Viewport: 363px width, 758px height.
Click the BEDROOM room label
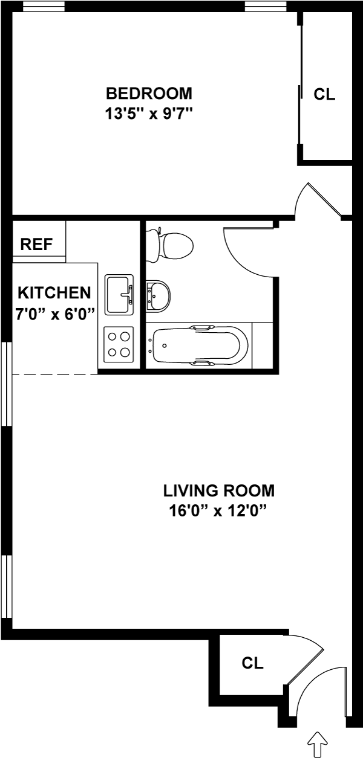[x=149, y=94]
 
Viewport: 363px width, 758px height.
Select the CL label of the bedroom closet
[x=324, y=94]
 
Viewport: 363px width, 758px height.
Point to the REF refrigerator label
[x=36, y=245]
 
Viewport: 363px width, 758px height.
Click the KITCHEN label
[x=54, y=293]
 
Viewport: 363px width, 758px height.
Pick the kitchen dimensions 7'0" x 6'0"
[x=54, y=314]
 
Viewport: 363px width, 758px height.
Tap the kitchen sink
[x=119, y=294]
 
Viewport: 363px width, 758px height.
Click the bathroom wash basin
[x=159, y=296]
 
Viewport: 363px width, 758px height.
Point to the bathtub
[x=200, y=346]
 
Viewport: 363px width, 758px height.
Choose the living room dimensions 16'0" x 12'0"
[x=218, y=510]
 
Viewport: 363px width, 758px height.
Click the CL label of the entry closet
[x=253, y=663]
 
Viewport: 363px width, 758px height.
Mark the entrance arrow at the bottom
[x=318, y=742]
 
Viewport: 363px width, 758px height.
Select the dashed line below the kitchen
[x=54, y=374]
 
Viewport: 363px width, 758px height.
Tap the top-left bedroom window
[x=44, y=7]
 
